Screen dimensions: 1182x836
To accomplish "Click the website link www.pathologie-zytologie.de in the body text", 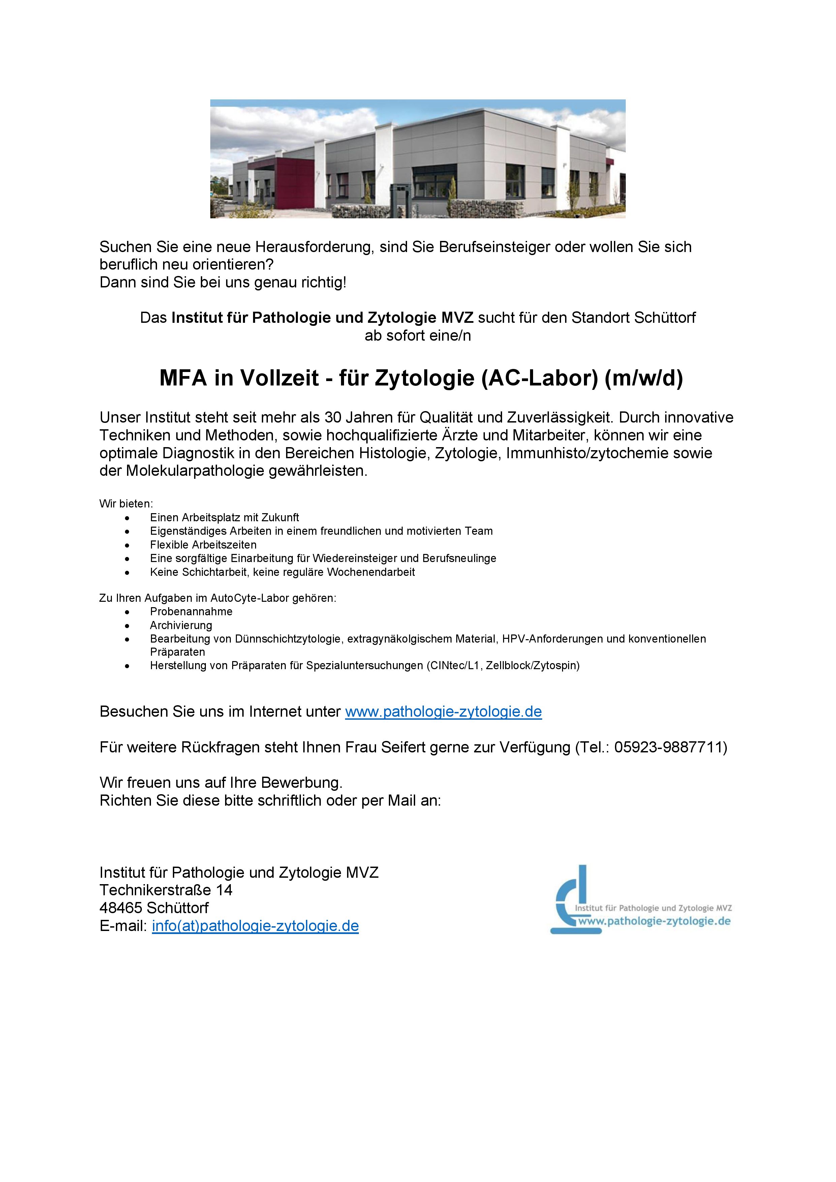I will coord(443,712).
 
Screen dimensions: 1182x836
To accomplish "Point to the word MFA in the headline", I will coord(183,378).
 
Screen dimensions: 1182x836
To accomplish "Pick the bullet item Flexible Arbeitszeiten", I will coord(203,545).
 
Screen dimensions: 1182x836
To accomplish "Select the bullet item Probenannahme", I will coord(191,612).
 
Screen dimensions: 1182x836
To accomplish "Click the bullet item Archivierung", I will coord(181,625).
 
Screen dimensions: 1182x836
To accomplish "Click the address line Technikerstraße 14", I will coord(166,890).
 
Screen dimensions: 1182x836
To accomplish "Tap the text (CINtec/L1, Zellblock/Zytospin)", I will coord(502,666).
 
